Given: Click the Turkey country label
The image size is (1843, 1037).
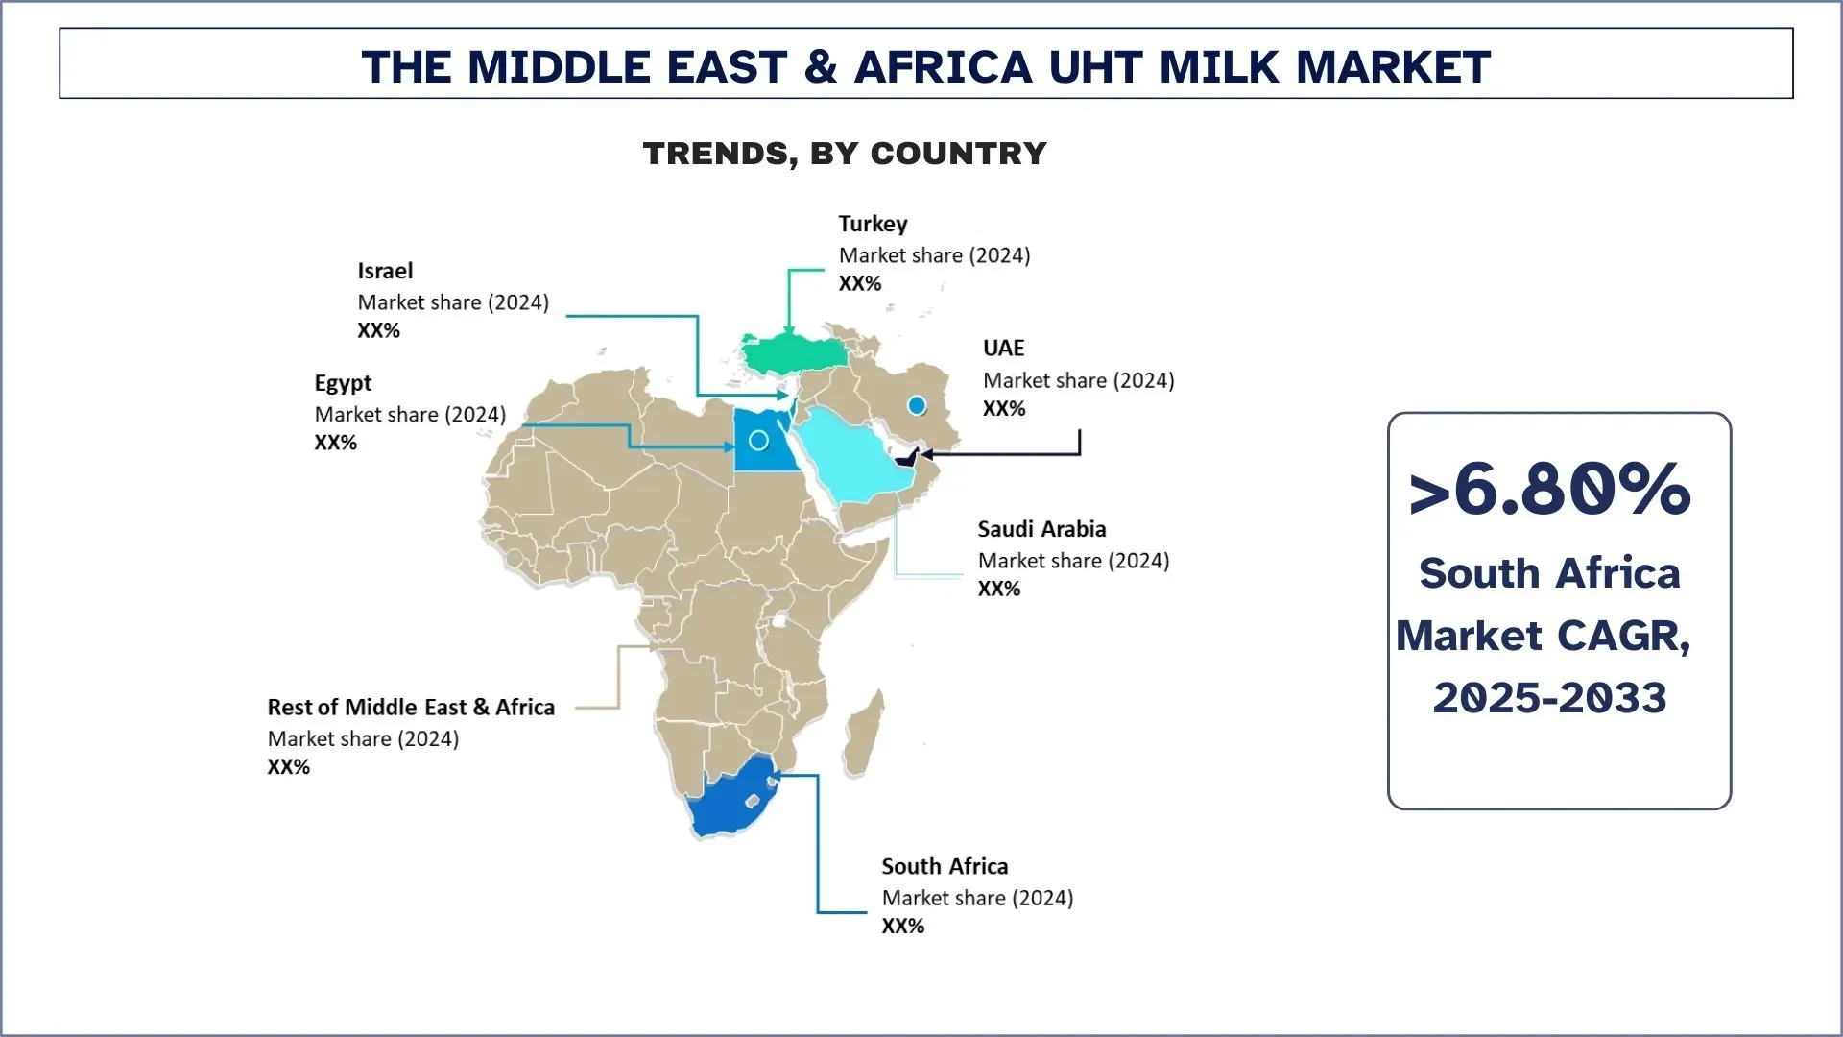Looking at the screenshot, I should point(873,224).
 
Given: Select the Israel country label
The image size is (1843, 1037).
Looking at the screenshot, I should point(385,271).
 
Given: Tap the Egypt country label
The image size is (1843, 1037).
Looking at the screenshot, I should point(343,383).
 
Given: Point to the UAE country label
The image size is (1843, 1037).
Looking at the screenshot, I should point(1003,348).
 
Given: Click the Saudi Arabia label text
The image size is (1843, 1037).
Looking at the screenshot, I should point(1041,529).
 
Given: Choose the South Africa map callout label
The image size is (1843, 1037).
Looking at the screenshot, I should point(945,866).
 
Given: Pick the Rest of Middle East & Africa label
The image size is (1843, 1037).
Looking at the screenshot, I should point(411,708).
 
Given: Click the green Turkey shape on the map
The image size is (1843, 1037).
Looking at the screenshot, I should point(793,354).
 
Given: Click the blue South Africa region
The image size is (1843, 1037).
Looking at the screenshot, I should point(730,802).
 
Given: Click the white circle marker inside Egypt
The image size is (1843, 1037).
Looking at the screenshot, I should point(758,441).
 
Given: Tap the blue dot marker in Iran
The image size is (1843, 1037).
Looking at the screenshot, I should point(917,405).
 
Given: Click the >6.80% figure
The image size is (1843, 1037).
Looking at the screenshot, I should point(1549,490).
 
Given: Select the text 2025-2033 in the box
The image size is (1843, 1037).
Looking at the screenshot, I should point(1549,698).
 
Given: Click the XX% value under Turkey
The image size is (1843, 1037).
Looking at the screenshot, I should point(859,283).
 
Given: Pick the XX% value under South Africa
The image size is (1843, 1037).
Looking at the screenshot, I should point(902,927).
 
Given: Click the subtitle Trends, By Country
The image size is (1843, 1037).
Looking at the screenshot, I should point(845,154).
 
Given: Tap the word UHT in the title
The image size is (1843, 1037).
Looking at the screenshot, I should point(1096,67).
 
